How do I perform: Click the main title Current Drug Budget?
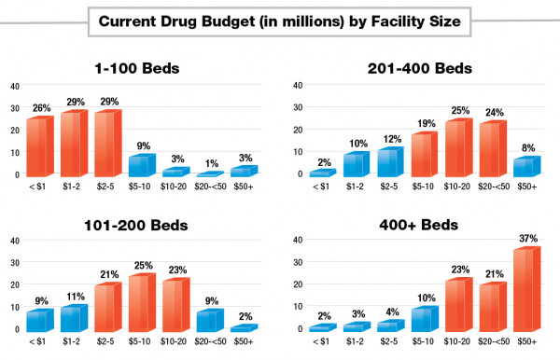[279, 20]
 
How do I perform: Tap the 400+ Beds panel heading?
[419, 225]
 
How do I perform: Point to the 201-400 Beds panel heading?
[419, 68]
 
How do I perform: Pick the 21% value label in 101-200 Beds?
[108, 275]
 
